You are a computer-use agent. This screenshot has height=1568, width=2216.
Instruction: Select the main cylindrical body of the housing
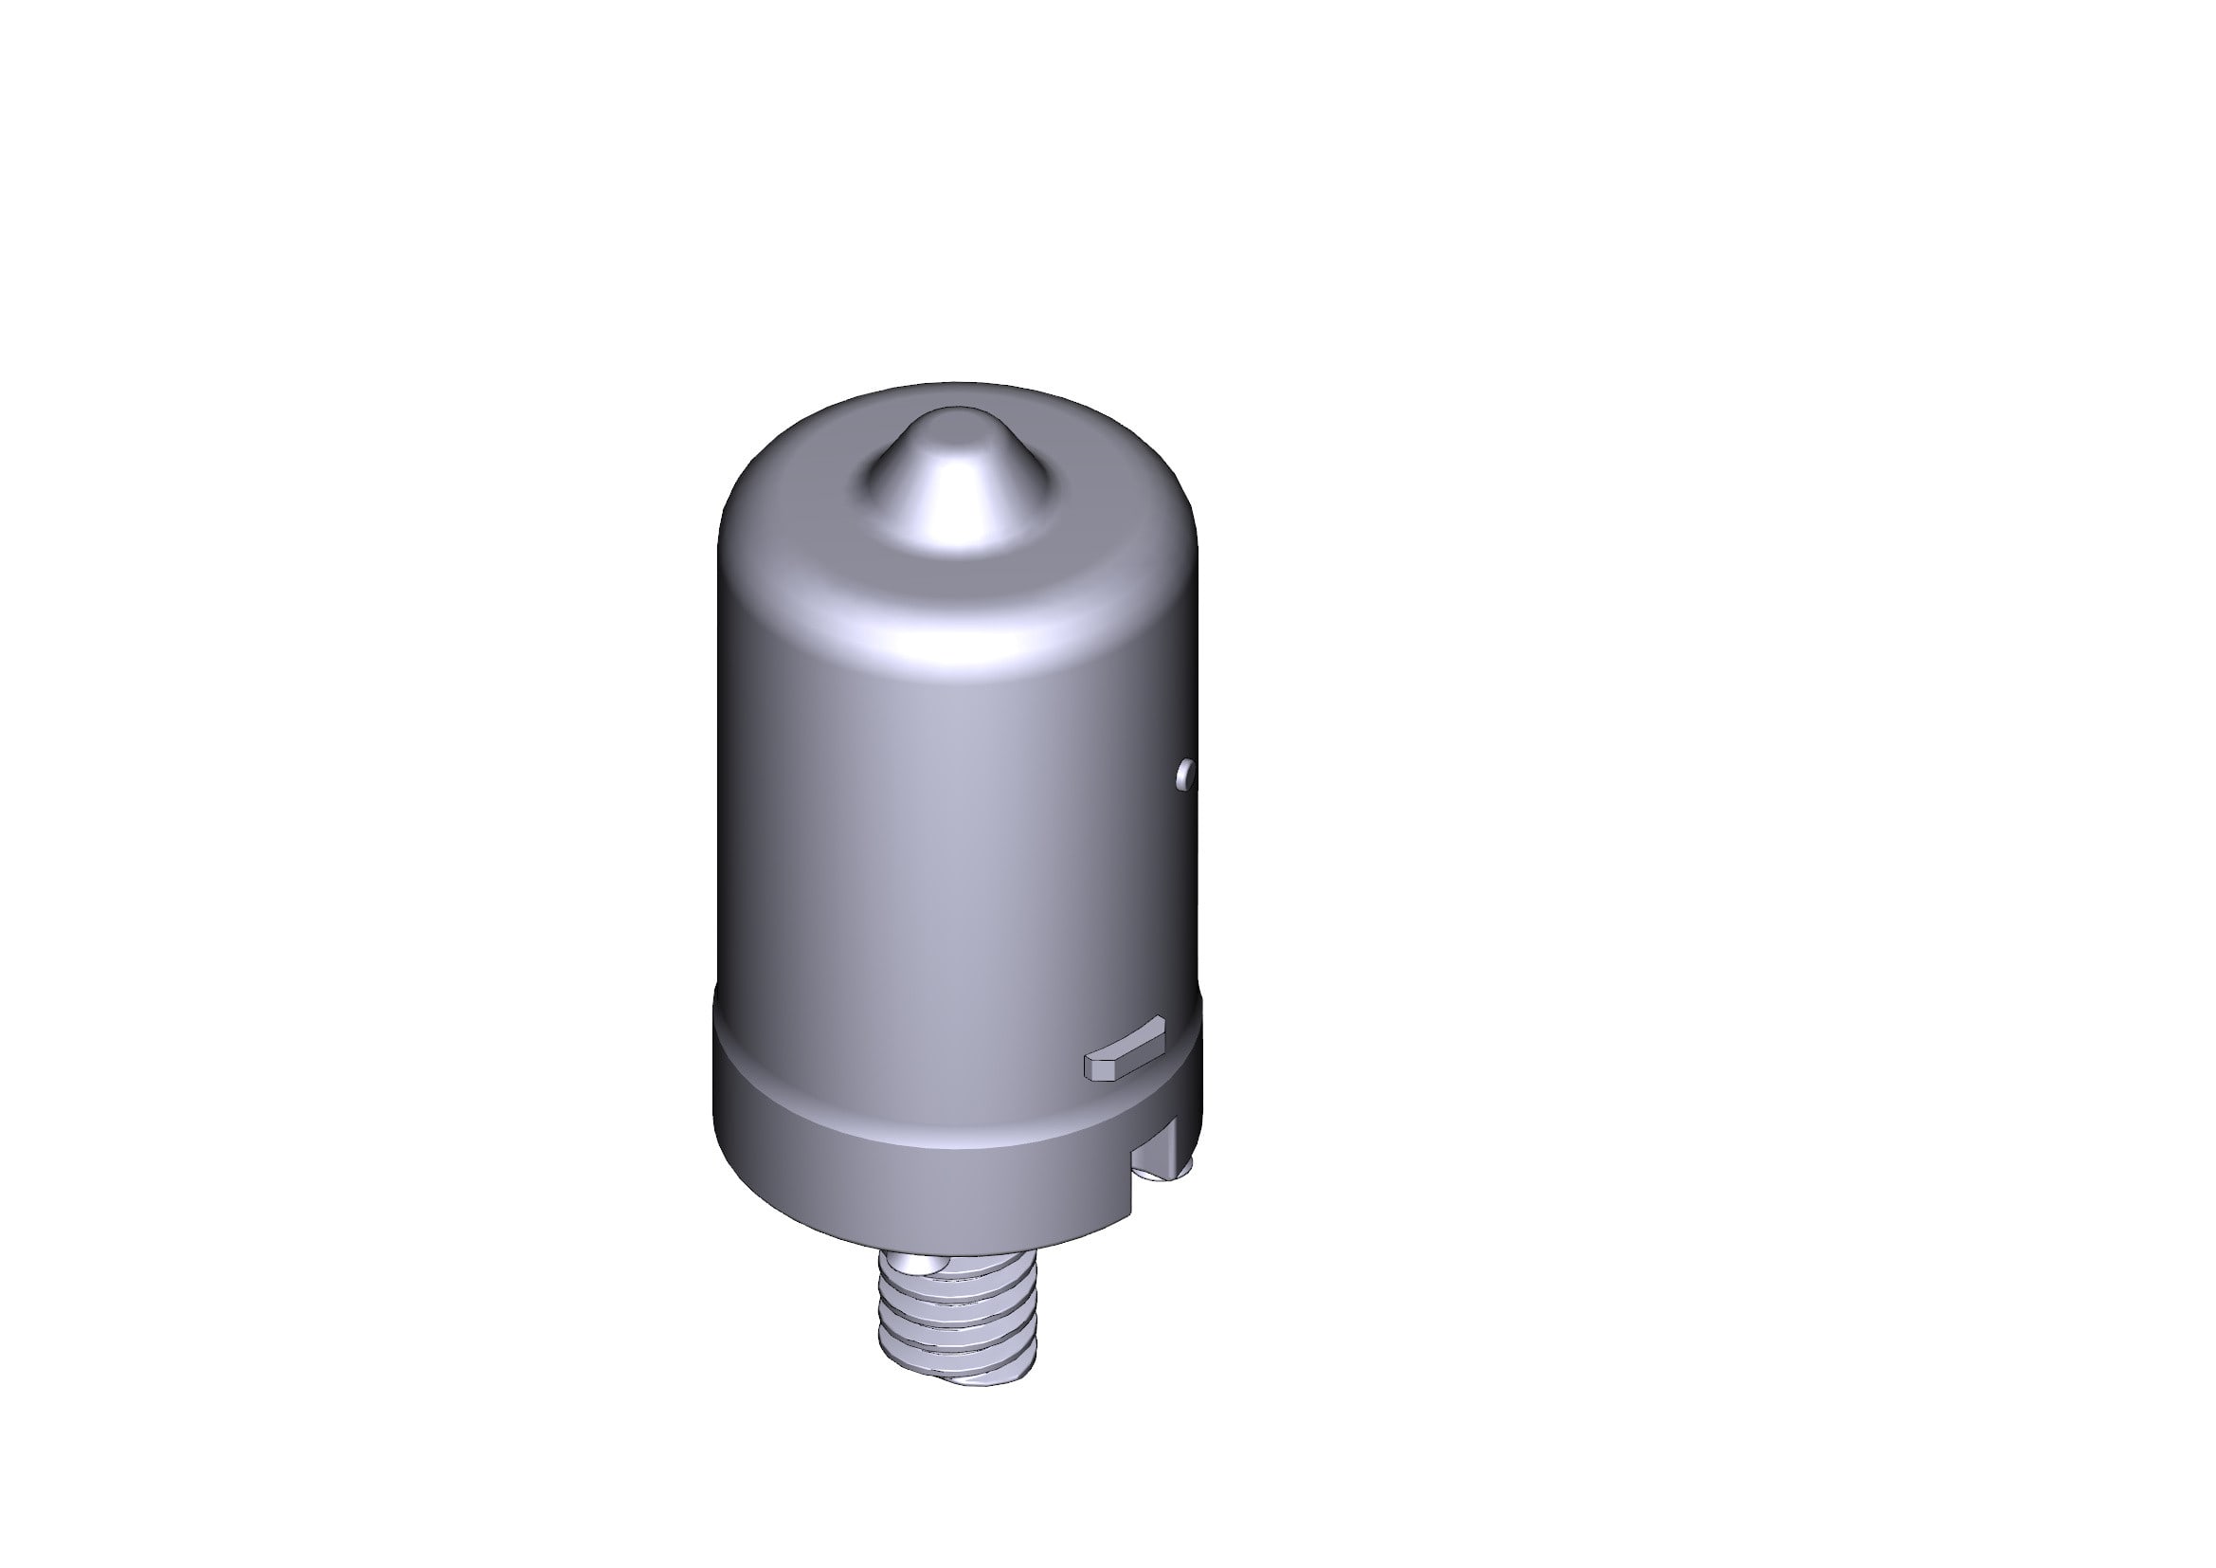point(927,821)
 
